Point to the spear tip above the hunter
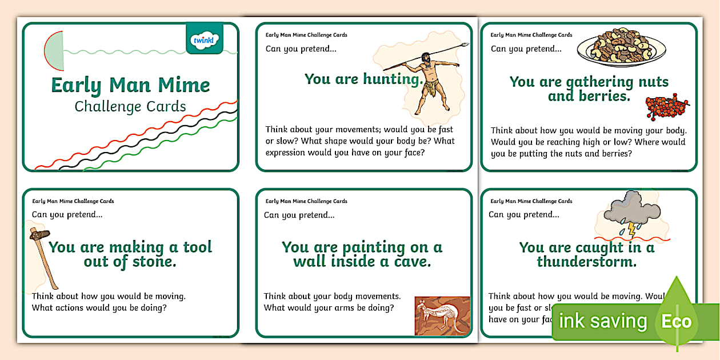[x=465, y=44]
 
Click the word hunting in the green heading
[x=393, y=79]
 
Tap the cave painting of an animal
[x=442, y=315]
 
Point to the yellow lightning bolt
[x=631, y=229]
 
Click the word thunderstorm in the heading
[x=586, y=262]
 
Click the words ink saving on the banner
[x=602, y=321]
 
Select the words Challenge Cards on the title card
[x=130, y=106]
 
